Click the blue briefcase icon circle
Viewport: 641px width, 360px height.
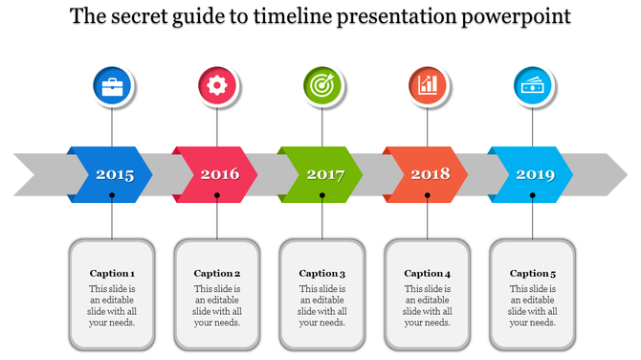tap(113, 85)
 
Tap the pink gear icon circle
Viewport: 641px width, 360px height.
tap(217, 85)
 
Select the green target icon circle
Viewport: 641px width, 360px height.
tap(322, 85)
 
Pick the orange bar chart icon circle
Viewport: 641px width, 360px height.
tap(428, 85)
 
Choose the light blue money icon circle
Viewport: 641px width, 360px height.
tap(533, 85)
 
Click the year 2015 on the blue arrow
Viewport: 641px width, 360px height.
tap(115, 174)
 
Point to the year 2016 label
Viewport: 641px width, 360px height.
tap(220, 174)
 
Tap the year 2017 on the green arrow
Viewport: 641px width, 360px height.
tap(325, 174)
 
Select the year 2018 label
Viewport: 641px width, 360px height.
tap(431, 174)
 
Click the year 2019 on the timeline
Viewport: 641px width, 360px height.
tap(536, 174)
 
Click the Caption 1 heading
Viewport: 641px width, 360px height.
tap(112, 273)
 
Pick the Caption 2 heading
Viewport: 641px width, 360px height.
tap(217, 273)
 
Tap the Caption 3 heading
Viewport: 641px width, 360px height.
tap(322, 273)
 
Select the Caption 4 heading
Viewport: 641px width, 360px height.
tap(428, 273)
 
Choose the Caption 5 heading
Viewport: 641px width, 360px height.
tap(533, 273)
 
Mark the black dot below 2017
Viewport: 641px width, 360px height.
tap(322, 195)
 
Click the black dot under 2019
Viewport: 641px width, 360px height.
tap(533, 195)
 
